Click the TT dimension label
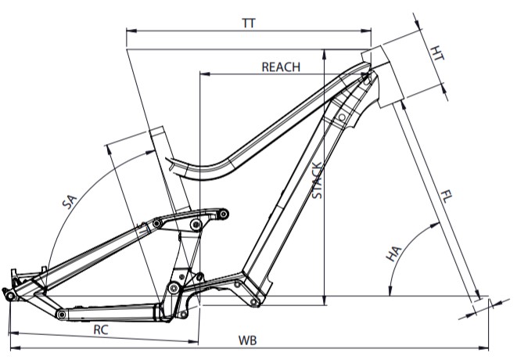click(x=250, y=23)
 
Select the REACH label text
click(x=280, y=67)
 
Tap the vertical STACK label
click(x=317, y=182)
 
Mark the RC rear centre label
click(x=100, y=329)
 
